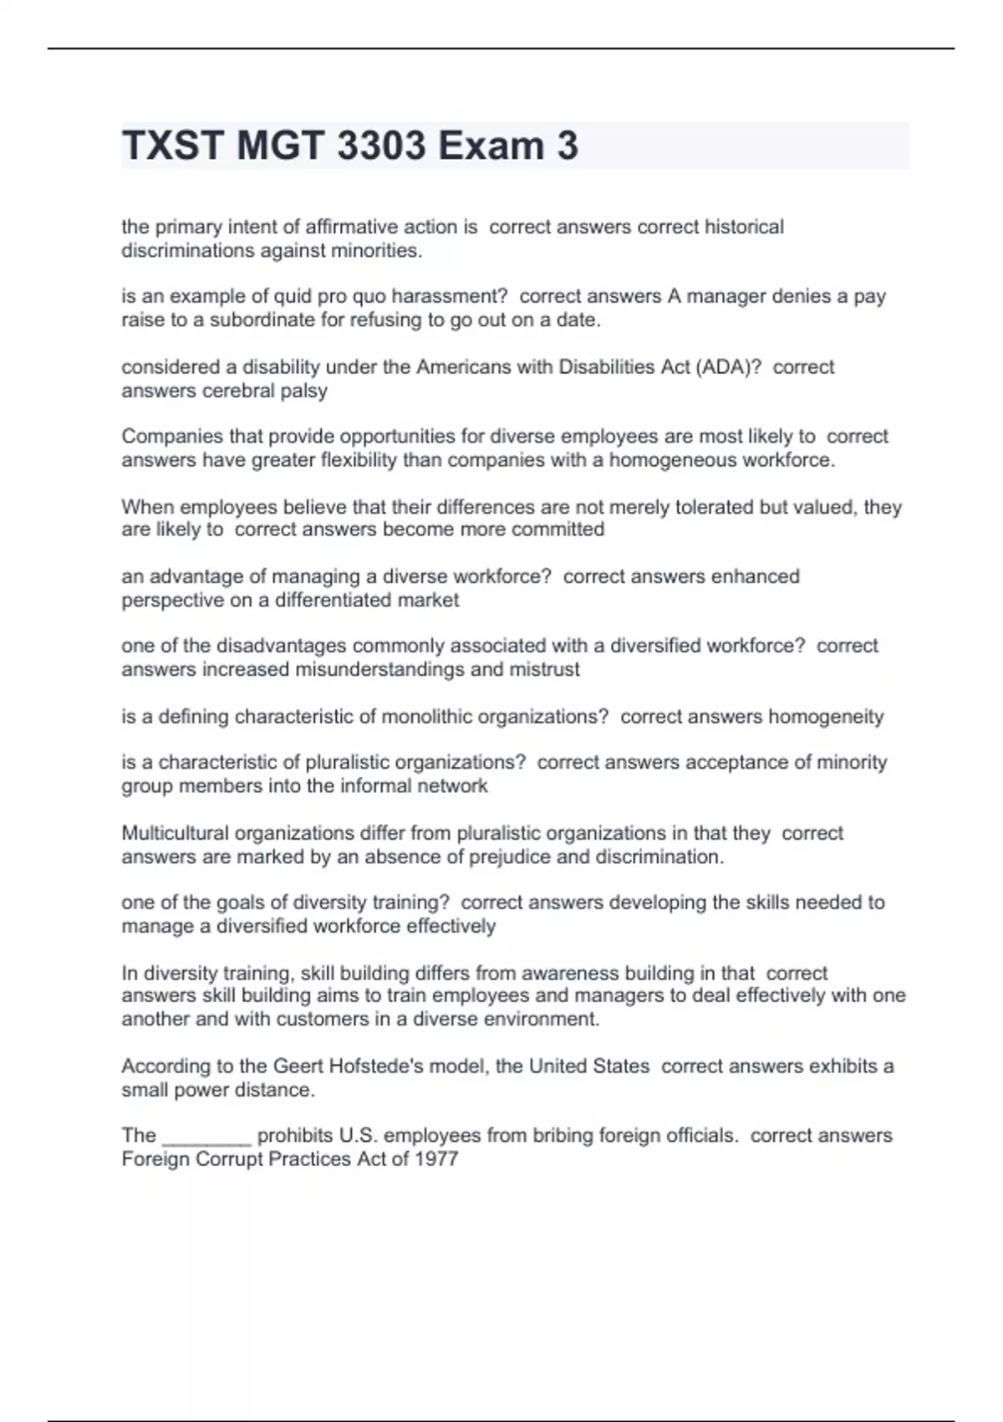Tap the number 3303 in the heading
[x=381, y=146]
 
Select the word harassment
[x=450, y=296]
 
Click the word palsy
[x=303, y=391]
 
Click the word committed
[x=558, y=529]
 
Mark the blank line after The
[x=206, y=1138]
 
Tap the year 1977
[x=436, y=1159]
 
